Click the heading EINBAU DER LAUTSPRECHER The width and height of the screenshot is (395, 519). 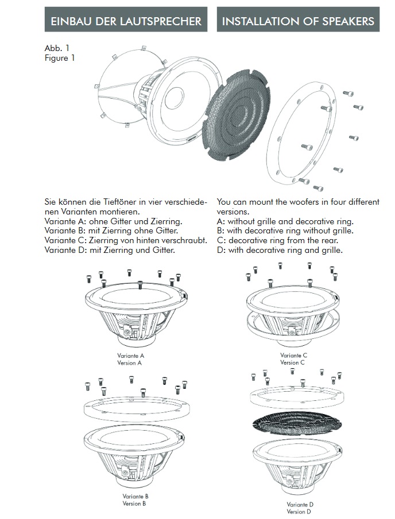click(126, 21)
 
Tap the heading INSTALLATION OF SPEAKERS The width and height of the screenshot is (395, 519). click(297, 21)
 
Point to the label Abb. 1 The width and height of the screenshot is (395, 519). click(57, 48)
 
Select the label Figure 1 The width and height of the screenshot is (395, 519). click(60, 57)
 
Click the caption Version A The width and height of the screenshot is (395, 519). click(130, 363)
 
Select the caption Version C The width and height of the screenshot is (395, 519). click(293, 362)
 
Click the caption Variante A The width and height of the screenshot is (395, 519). click(130, 356)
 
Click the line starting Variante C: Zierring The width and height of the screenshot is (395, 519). click(126, 240)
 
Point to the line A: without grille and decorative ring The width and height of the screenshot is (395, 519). click(285, 221)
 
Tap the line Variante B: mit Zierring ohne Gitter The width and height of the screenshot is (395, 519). click(115, 231)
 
